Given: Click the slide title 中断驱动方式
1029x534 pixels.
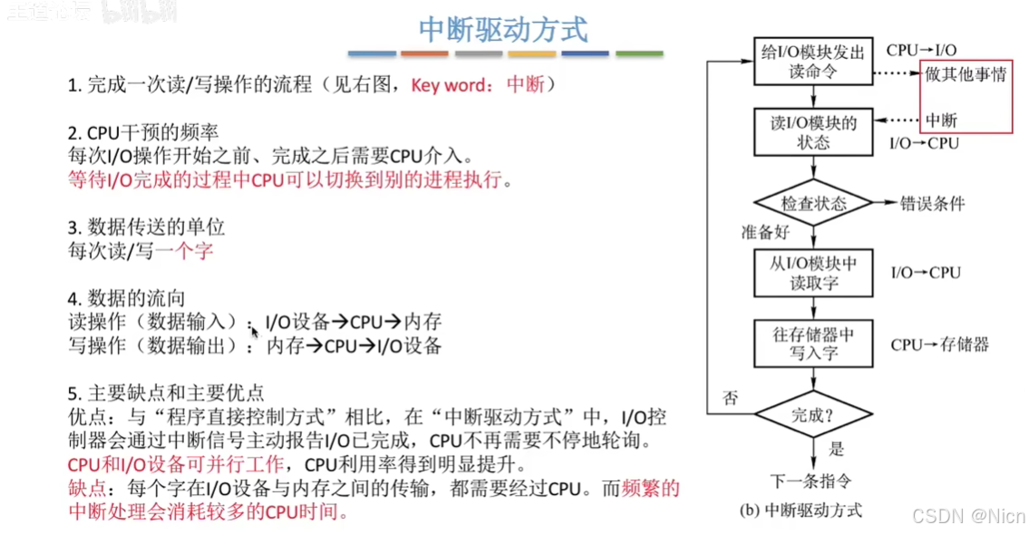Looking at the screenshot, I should point(503,29).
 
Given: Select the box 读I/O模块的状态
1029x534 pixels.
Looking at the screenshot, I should point(813,132).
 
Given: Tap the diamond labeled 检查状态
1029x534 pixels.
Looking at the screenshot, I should point(813,203).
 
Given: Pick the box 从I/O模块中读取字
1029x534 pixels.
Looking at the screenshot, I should point(813,273).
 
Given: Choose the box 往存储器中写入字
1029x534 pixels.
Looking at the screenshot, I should point(813,344).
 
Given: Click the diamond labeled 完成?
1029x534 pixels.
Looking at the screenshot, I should point(813,416).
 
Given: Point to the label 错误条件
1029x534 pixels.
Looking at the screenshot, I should point(931,203).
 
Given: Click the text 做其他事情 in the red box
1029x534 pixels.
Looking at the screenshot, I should point(966,75).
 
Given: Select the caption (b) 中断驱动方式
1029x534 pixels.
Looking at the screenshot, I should point(801,510).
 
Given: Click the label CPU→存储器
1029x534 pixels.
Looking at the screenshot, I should point(939,345).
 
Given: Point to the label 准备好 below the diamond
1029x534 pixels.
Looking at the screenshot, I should point(764,232).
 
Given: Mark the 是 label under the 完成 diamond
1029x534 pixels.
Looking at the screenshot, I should point(836,449).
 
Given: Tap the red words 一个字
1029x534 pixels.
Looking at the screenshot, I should point(185,249).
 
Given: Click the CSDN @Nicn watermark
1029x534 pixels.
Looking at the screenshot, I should point(968,516).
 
